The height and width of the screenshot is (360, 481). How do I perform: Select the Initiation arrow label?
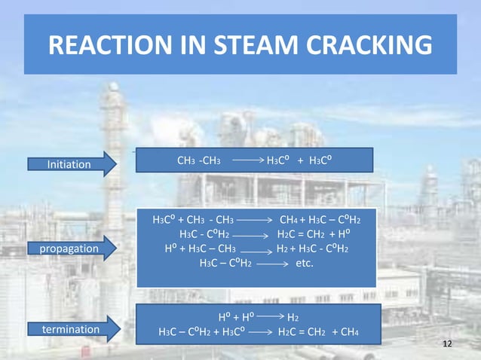[69, 164]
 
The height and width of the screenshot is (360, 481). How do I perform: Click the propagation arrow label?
[69, 248]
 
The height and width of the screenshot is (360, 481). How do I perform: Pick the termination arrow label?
[71, 329]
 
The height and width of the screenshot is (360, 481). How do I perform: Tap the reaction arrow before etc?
[274, 264]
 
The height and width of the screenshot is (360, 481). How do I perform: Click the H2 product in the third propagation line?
[284, 249]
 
